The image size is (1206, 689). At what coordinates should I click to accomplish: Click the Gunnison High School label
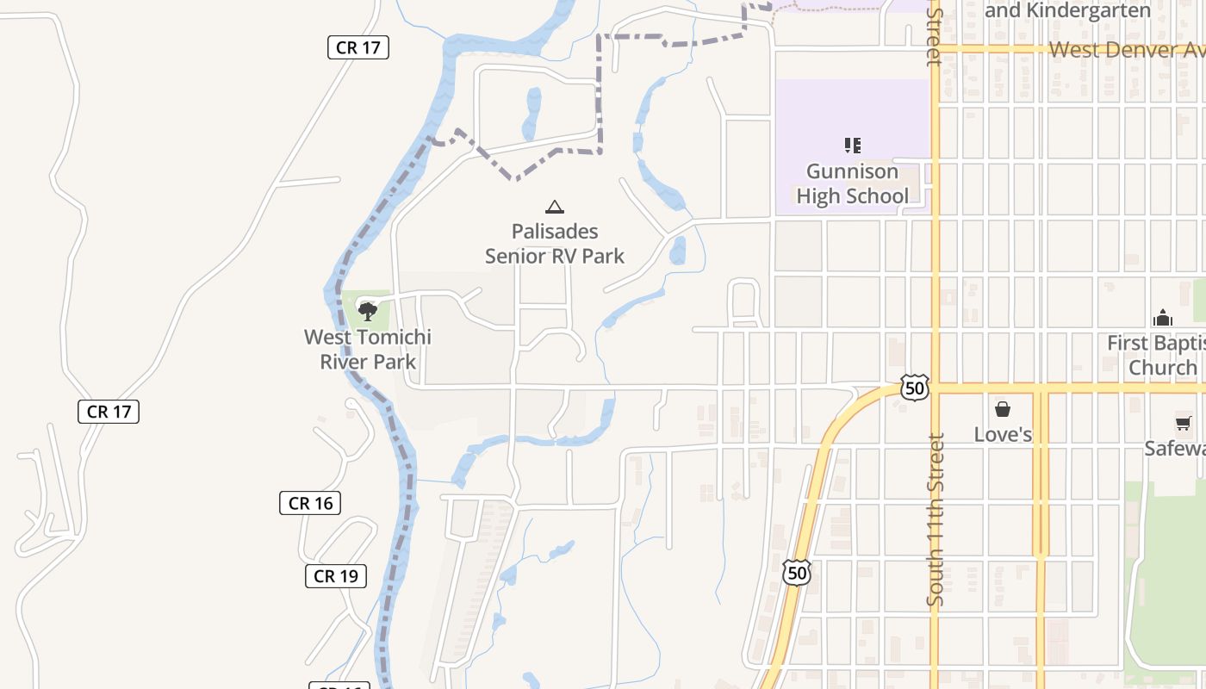tap(852, 183)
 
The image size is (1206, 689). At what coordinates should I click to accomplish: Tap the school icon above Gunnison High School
tap(852, 145)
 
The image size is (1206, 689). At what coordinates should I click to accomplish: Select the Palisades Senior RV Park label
tap(555, 244)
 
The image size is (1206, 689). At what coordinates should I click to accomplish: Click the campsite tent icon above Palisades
tap(555, 207)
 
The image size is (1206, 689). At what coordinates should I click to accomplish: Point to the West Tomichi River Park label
tap(368, 349)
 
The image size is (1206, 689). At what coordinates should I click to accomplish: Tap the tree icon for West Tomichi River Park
tap(368, 311)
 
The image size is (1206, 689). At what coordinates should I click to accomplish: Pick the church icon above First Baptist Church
tap(1163, 318)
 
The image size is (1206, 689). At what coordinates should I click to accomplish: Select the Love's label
tap(1003, 434)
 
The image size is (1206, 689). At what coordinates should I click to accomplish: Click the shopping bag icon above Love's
tap(1003, 408)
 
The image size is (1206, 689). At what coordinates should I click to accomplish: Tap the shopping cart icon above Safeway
tap(1183, 423)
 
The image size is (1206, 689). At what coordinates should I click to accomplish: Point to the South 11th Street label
tap(936, 518)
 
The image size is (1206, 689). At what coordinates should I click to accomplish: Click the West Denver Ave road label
tap(1124, 49)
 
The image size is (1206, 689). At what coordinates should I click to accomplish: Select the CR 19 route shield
tap(336, 576)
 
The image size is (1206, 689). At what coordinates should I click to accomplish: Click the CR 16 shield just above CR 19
tap(310, 503)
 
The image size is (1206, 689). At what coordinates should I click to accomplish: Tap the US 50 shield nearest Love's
tap(915, 388)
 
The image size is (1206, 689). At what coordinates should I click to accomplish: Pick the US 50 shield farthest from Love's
tap(797, 573)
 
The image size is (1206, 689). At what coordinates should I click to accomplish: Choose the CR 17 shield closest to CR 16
tap(109, 412)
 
